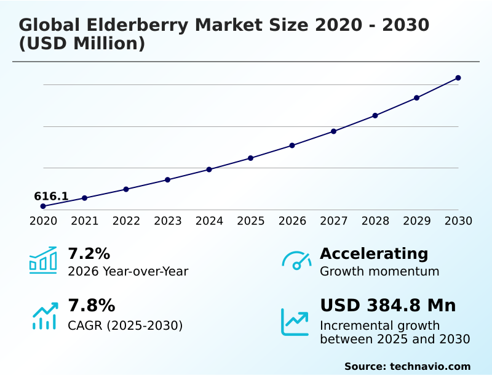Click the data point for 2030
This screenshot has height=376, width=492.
[458, 78]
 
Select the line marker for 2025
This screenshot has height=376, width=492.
[251, 158]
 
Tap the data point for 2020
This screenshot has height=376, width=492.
[43, 206]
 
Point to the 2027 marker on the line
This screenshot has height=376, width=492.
[333, 131]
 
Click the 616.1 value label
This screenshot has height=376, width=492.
[51, 196]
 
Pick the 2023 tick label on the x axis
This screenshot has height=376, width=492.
[168, 221]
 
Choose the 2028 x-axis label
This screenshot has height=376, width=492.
[375, 221]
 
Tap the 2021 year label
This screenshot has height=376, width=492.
[85, 221]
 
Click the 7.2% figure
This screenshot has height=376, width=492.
[89, 253]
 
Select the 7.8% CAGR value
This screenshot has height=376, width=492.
[91, 305]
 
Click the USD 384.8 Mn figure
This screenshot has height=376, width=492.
[388, 305]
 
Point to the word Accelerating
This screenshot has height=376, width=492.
[374, 253]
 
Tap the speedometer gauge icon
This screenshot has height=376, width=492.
[296, 260]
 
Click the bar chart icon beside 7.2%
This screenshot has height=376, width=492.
[43, 260]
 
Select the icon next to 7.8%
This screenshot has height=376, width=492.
[44, 315]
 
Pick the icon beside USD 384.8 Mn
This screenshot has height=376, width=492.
[295, 322]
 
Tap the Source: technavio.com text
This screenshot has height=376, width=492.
[407, 366]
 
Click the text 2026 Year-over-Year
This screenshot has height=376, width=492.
[128, 271]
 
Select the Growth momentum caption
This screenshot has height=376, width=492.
[379, 271]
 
